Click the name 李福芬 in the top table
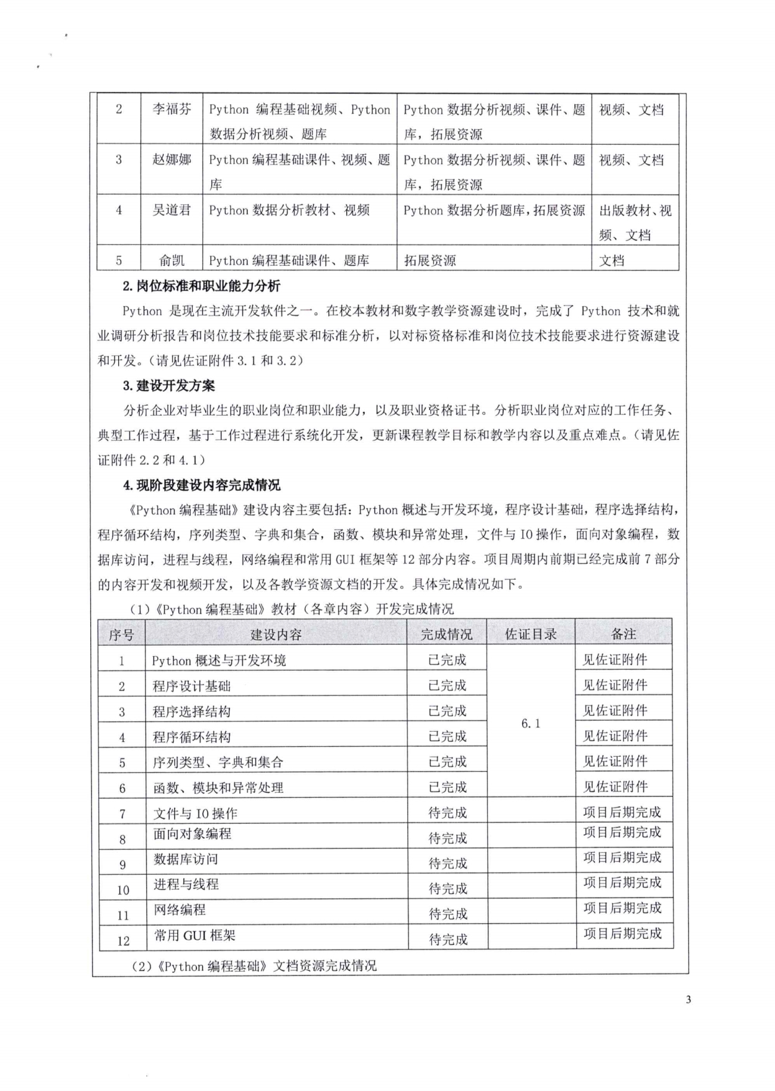pyautogui.click(x=172, y=110)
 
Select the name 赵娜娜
pyautogui.click(x=172, y=160)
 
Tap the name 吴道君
pyautogui.click(x=172, y=211)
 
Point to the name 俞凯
pyautogui.click(x=172, y=261)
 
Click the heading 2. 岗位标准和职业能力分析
pyautogui.click(x=201, y=286)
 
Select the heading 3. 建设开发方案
pyautogui.click(x=168, y=386)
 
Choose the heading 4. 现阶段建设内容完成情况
pyautogui.click(x=201, y=485)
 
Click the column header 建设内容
pyautogui.click(x=276, y=634)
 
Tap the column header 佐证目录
pyautogui.click(x=530, y=634)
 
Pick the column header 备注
pyautogui.click(x=623, y=634)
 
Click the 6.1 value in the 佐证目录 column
pyautogui.click(x=530, y=724)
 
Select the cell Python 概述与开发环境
pyautogui.click(x=219, y=660)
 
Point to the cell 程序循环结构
pyautogui.click(x=191, y=737)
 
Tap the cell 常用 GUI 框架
pyautogui.click(x=195, y=936)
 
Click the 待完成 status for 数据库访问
pyautogui.click(x=447, y=864)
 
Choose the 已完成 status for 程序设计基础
pyautogui.click(x=447, y=686)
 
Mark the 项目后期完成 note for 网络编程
pyautogui.click(x=622, y=908)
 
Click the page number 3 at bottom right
pyautogui.click(x=688, y=1000)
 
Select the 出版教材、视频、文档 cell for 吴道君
pyautogui.click(x=635, y=222)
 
